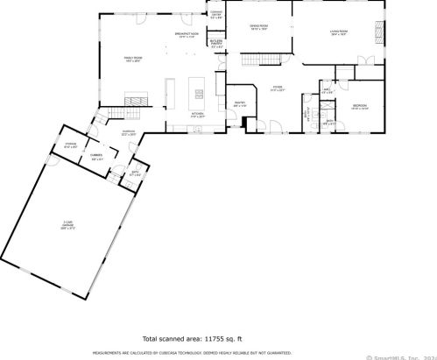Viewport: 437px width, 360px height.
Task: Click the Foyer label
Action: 277,88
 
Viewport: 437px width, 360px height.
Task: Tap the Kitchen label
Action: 198,115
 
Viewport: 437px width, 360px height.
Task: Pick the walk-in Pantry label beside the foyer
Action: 239,105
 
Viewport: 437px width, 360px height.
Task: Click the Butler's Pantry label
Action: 216,45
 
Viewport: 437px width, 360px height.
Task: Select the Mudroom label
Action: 129,133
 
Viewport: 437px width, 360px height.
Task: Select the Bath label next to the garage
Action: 134,174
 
